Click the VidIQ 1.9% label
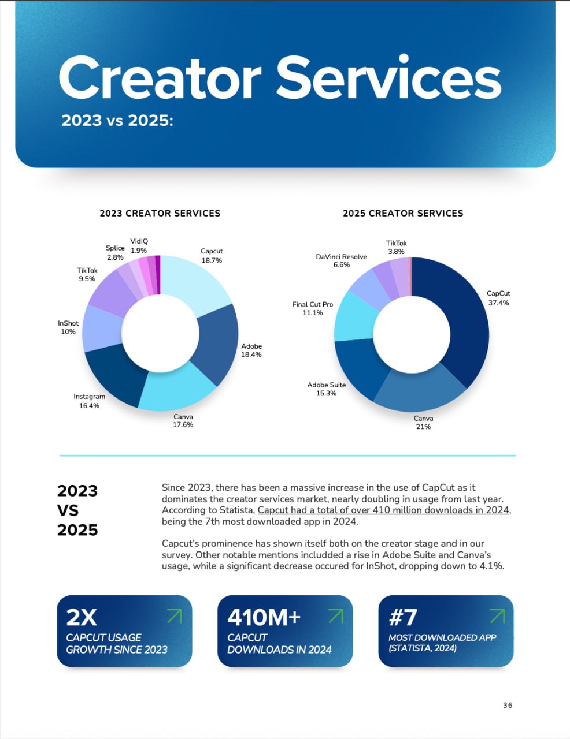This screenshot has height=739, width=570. click(x=139, y=246)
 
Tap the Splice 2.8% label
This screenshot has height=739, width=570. click(x=115, y=252)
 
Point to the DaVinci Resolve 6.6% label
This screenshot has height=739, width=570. click(x=341, y=260)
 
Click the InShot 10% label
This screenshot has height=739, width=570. click(x=68, y=327)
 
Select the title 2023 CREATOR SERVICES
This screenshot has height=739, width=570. click(x=160, y=213)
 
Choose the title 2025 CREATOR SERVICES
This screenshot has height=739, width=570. click(x=403, y=213)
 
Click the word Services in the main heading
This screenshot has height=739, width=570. click(x=388, y=78)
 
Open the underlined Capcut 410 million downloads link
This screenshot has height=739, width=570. click(x=383, y=510)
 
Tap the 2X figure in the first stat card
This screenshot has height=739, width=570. click(x=82, y=617)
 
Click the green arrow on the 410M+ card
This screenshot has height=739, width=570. click(x=336, y=616)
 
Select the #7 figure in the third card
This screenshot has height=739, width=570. click(x=403, y=617)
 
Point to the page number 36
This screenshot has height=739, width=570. click(x=508, y=705)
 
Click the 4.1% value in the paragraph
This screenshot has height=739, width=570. click(x=491, y=566)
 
